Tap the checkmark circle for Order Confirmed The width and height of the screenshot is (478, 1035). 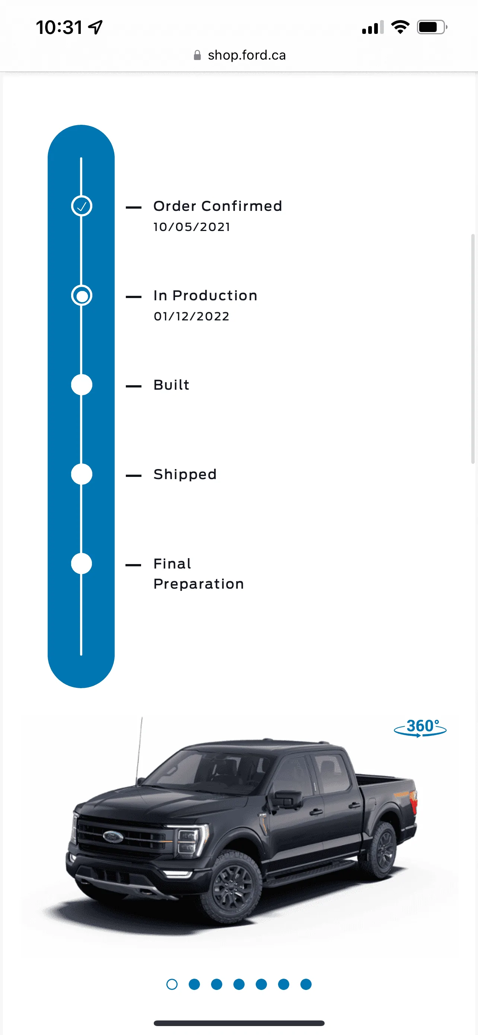click(x=82, y=206)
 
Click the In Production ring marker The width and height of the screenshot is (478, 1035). click(x=82, y=296)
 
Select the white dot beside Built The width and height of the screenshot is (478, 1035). click(x=82, y=385)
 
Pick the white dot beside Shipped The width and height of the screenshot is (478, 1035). click(x=82, y=474)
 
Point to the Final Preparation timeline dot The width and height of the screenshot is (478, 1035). click(x=82, y=564)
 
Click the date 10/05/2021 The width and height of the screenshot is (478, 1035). click(x=192, y=227)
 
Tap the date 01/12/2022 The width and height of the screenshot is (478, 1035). click(x=191, y=317)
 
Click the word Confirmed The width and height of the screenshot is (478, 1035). click(x=242, y=206)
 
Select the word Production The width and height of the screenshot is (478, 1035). click(x=215, y=296)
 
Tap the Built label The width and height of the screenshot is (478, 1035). click(x=171, y=385)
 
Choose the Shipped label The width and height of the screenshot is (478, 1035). click(x=185, y=475)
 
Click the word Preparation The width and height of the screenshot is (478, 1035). click(x=199, y=584)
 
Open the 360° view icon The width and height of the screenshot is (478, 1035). click(x=420, y=728)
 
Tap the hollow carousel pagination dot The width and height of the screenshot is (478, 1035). click(x=172, y=984)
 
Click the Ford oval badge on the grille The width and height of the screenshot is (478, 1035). click(x=113, y=837)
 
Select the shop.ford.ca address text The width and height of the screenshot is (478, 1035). click(x=246, y=55)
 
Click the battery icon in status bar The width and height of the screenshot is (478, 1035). click(x=431, y=27)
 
